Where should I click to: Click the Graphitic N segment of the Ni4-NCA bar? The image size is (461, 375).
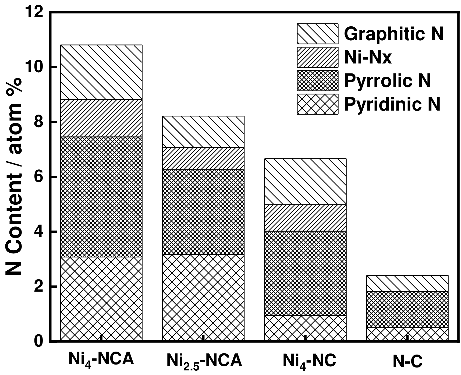[x=101, y=72]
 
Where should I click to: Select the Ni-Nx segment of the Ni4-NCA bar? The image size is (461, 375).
[x=101, y=118]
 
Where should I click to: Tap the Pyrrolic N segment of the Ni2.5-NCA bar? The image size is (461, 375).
[x=203, y=212]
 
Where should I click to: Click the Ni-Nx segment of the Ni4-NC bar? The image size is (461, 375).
[x=305, y=218]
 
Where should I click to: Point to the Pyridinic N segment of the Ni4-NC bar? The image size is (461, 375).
[x=305, y=328]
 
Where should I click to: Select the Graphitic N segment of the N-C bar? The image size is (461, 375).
[x=407, y=283]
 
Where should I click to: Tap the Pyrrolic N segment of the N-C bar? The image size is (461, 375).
[x=407, y=309]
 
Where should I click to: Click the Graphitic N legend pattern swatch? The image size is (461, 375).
[x=317, y=34]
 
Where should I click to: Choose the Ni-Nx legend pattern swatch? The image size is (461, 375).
[x=317, y=57]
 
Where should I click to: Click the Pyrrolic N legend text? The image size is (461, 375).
[x=387, y=80]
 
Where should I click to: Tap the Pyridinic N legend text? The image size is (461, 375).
[x=392, y=104]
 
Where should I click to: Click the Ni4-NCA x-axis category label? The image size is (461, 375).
[x=101, y=360]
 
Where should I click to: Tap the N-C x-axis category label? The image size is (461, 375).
[x=407, y=361]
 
